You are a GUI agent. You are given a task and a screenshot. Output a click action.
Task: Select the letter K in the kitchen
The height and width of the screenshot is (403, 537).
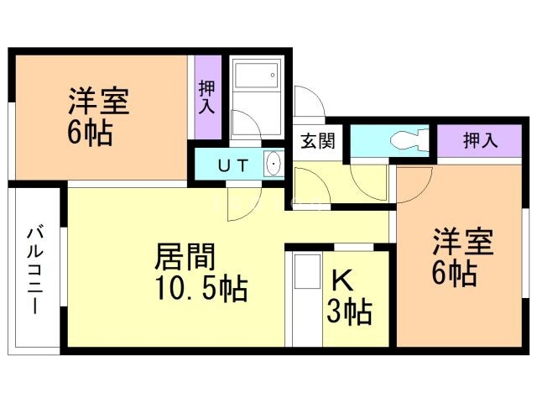341,280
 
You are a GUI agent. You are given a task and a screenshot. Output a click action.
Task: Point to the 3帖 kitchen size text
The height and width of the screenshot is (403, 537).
349,311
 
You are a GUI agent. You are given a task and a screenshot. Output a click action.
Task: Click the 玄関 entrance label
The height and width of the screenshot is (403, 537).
318,140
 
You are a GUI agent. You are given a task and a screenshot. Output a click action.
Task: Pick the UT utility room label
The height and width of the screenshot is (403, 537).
232,165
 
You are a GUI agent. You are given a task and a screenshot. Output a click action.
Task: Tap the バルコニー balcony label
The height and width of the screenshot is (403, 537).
36,270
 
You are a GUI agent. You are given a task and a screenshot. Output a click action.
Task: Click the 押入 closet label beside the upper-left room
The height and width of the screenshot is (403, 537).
207,97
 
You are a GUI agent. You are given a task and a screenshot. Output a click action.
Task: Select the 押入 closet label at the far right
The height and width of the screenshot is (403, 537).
479,140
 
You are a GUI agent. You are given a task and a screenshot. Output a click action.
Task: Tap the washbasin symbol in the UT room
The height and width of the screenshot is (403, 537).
273,164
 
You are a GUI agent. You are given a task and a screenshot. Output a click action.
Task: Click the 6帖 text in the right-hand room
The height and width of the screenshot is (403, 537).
456,274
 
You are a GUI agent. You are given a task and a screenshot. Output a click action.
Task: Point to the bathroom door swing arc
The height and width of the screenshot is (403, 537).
246,126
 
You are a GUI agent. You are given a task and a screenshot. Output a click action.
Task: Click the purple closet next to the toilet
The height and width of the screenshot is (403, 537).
479,140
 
